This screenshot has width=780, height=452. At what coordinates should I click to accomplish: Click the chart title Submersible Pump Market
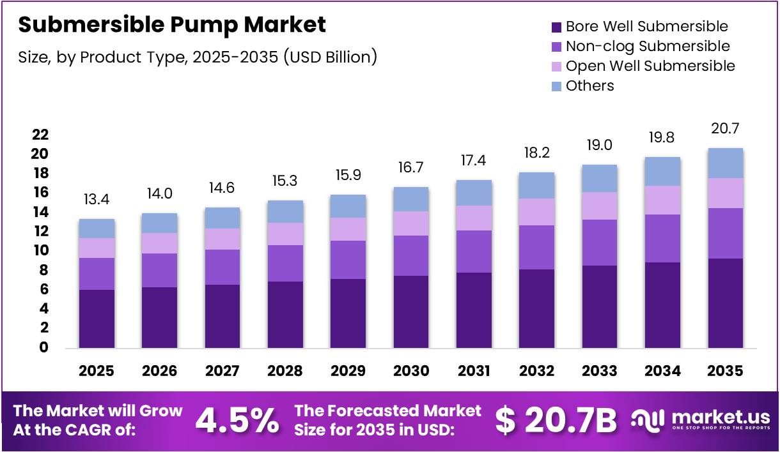[172, 25]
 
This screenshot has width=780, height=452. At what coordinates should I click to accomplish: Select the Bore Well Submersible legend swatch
[556, 27]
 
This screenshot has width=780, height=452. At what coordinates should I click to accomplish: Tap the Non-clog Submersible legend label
[648, 46]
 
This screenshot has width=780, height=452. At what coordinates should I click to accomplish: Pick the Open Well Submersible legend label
[650, 66]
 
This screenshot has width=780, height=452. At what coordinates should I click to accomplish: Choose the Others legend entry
[589, 86]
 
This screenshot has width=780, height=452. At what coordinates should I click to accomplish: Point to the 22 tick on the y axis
[40, 135]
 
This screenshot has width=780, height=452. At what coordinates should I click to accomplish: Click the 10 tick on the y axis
[40, 251]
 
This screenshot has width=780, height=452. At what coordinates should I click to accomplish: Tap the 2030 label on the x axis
[411, 371]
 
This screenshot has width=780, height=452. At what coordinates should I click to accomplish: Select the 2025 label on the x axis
[97, 371]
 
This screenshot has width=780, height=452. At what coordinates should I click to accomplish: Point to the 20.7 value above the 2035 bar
[725, 130]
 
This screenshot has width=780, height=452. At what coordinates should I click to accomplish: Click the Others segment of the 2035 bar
[725, 163]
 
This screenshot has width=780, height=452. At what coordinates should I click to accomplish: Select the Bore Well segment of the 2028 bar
[285, 315]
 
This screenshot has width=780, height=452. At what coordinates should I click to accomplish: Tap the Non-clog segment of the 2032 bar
[536, 247]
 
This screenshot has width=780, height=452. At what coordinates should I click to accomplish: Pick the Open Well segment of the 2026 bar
[159, 243]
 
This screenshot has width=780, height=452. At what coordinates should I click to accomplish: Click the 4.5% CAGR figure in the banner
[237, 419]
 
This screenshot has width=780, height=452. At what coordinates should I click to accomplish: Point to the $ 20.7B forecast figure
[556, 419]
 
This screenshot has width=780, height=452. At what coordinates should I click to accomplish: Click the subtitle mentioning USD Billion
[198, 57]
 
